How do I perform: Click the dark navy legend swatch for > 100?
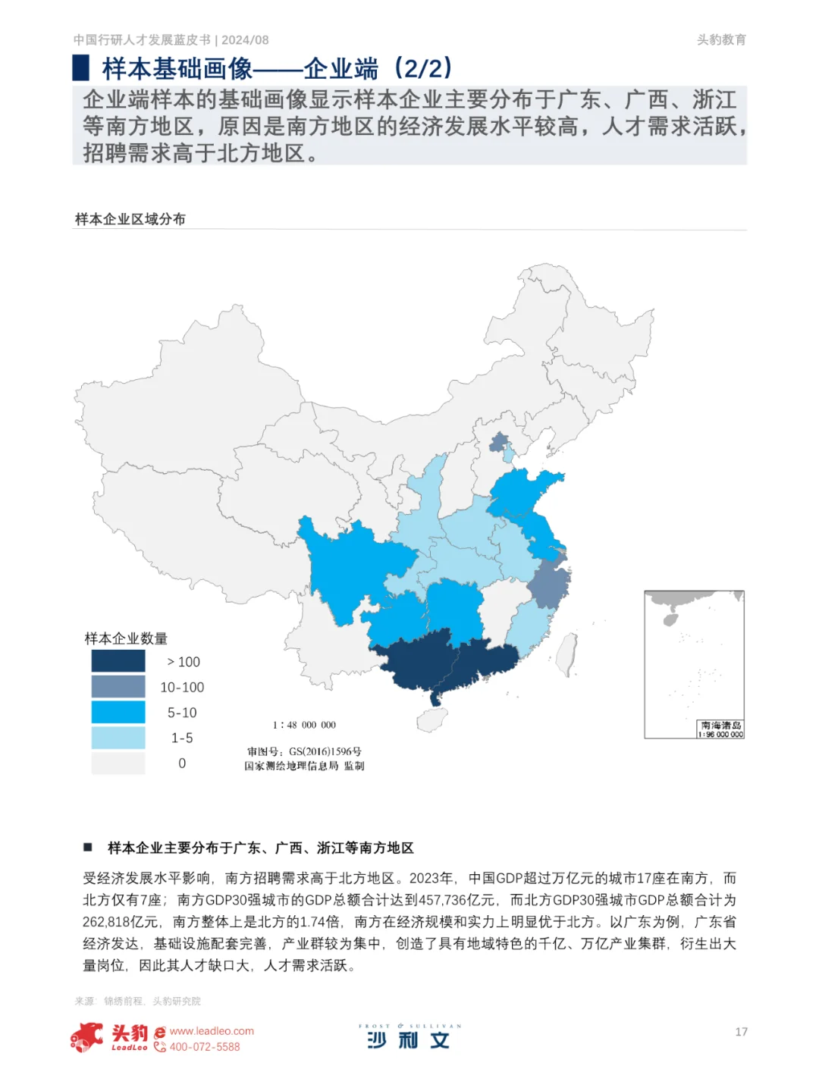(x=118, y=661)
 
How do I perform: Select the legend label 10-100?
(x=182, y=688)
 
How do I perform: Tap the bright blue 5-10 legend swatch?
(x=118, y=713)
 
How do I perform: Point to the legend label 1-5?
(x=182, y=738)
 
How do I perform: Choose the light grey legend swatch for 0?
(x=118, y=763)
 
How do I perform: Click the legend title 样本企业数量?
(x=126, y=638)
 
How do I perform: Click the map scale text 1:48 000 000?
(x=304, y=725)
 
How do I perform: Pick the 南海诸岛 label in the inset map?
(x=721, y=726)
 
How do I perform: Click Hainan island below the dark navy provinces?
(x=432, y=720)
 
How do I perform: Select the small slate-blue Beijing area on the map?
(x=499, y=442)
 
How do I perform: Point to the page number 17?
(x=741, y=1032)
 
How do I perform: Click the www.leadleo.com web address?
(x=212, y=1031)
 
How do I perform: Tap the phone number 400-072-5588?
(x=205, y=1047)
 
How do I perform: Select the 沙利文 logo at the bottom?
(x=409, y=1038)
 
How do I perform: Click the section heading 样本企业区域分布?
(x=130, y=219)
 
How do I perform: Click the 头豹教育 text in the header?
(x=721, y=40)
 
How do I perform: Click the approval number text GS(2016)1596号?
(x=325, y=751)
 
